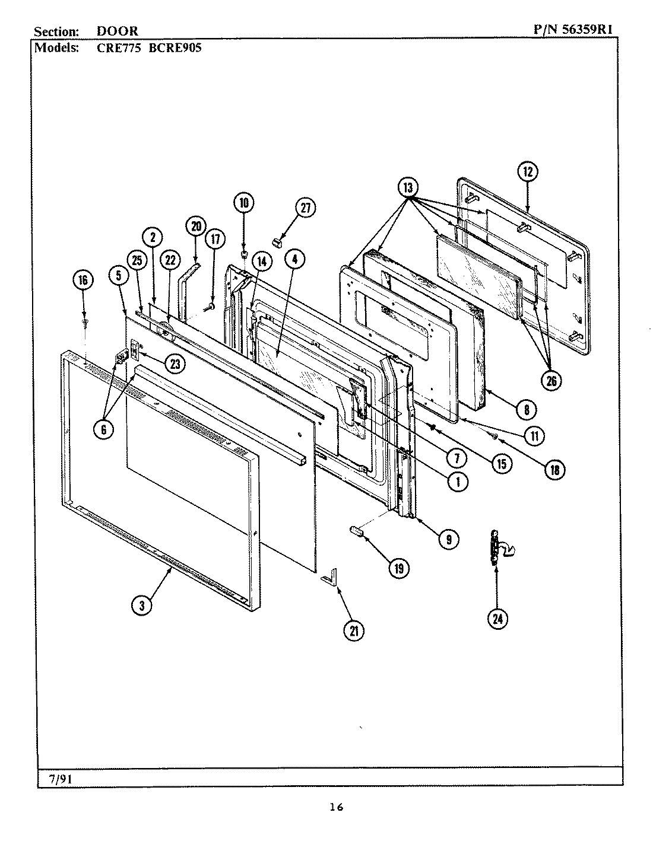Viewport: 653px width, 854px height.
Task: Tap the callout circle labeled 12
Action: click(x=528, y=172)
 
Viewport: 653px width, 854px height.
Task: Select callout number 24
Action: click(x=497, y=619)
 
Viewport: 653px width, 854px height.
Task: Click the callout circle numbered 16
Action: click(x=83, y=280)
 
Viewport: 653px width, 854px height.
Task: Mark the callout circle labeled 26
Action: click(x=551, y=381)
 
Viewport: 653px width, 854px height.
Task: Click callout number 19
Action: click(x=398, y=568)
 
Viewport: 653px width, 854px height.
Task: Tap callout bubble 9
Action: click(x=243, y=203)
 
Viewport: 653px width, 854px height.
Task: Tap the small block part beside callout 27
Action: click(x=278, y=241)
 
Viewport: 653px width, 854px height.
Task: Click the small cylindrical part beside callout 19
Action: click(x=357, y=531)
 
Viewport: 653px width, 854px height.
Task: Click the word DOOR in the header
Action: click(x=118, y=31)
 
